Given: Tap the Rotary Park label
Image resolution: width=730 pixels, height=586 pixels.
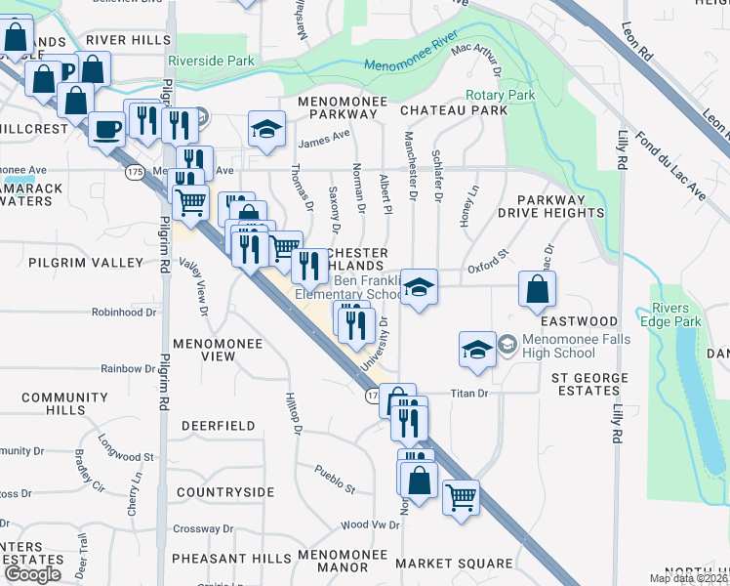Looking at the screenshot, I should (501, 96).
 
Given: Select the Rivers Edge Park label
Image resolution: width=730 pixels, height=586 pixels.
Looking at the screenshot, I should (676, 315).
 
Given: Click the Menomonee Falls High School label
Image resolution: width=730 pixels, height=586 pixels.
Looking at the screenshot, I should (558, 346).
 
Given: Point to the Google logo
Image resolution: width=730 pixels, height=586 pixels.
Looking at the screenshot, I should (32, 574).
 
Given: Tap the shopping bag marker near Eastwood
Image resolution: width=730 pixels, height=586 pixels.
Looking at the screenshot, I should (537, 289).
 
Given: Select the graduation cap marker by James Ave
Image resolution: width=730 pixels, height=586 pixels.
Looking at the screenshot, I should (264, 129).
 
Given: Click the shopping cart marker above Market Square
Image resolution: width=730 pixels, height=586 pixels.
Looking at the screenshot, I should (461, 496).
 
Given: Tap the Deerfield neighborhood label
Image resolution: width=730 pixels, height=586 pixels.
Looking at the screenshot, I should (218, 426).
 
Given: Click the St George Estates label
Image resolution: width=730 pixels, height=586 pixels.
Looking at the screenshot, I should (599, 384).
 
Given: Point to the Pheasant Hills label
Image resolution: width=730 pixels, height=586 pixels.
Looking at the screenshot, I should (230, 558).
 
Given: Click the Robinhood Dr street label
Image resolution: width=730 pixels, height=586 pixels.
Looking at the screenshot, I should (124, 313).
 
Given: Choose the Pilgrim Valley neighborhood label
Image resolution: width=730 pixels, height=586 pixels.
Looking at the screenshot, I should (86, 263).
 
